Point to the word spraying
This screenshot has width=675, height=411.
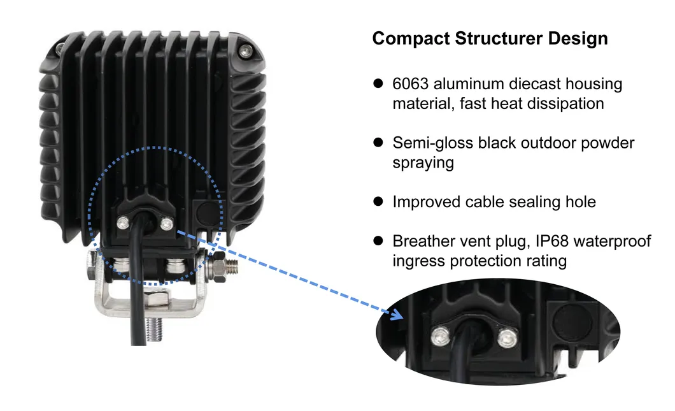coord(423,163)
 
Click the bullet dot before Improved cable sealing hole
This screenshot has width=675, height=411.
coord(378,201)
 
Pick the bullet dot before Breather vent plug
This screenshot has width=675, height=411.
coord(378,240)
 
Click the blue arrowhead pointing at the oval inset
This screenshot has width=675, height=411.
coord(397,314)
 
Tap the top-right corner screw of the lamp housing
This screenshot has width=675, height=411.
coord(245,51)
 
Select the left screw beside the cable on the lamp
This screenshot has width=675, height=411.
coord(123,223)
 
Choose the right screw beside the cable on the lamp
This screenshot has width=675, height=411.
coord(167,224)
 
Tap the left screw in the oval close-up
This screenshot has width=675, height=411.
coord(441,336)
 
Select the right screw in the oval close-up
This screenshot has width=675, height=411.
coord(508,338)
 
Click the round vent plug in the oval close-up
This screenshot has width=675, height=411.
coord(572,321)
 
